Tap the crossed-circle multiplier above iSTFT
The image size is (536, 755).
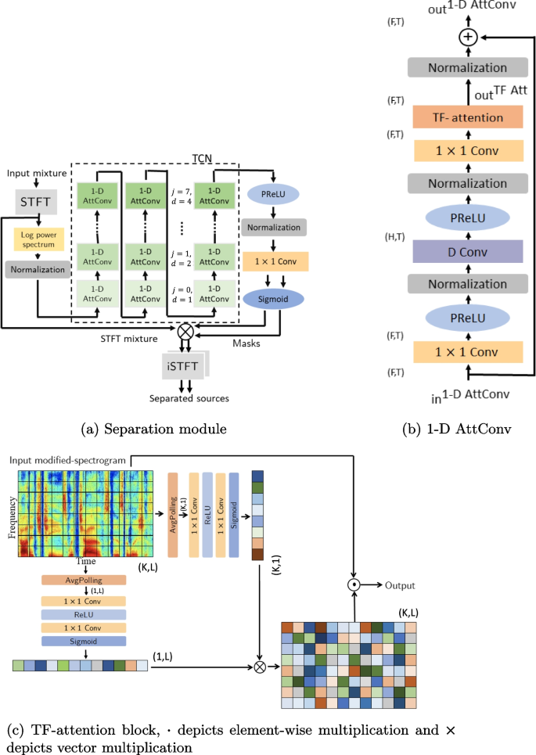point(185,331)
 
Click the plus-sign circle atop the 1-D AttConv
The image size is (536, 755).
point(467,37)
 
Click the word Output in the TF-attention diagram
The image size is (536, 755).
point(400,584)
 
